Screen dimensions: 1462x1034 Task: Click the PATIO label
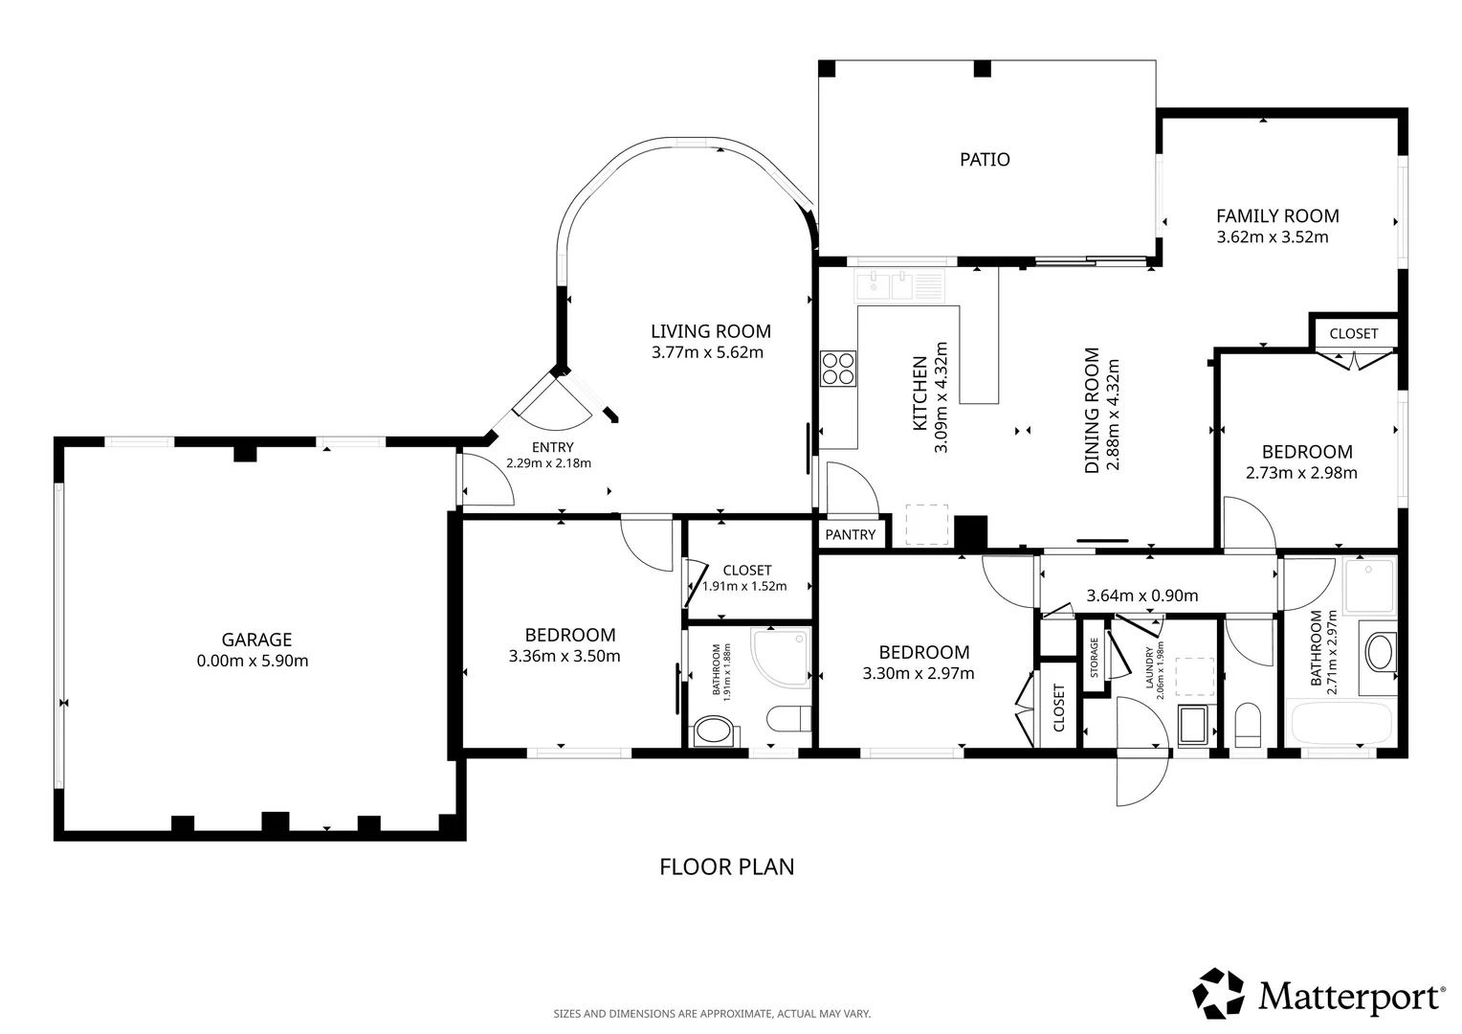[x=985, y=159]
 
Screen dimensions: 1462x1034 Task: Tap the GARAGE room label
[x=256, y=640]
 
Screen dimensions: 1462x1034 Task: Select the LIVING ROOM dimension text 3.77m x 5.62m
[x=707, y=352]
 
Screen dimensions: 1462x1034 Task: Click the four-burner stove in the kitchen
[x=838, y=369]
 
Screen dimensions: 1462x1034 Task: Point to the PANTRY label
[x=850, y=535]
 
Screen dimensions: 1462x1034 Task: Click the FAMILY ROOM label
[x=1277, y=216]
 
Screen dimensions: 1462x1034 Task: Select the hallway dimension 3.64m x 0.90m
[x=1142, y=596]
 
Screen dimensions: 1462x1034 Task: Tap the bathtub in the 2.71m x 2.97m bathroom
[x=1341, y=723]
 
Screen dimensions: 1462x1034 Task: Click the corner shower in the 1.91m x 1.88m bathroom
[x=781, y=657]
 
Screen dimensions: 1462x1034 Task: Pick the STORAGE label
[x=1094, y=657]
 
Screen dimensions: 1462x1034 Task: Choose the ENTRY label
[x=552, y=447]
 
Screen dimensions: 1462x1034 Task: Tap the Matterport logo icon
[x=1218, y=994]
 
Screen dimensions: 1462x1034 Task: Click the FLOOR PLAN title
[x=726, y=866]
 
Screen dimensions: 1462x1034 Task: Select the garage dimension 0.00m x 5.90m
[x=253, y=661]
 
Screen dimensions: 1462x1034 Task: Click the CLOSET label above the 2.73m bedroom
[x=1354, y=334]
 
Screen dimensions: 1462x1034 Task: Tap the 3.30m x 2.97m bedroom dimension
[x=919, y=673]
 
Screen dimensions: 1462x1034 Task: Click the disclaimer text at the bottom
[x=712, y=1014]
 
